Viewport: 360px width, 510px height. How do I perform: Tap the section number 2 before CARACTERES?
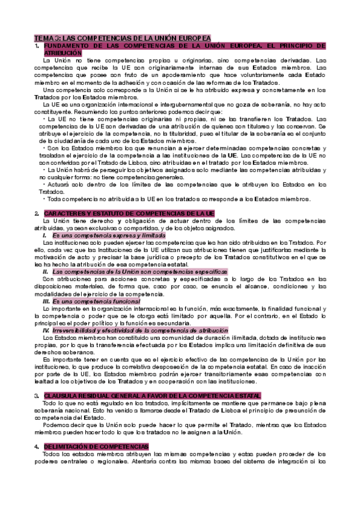(37, 214)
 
